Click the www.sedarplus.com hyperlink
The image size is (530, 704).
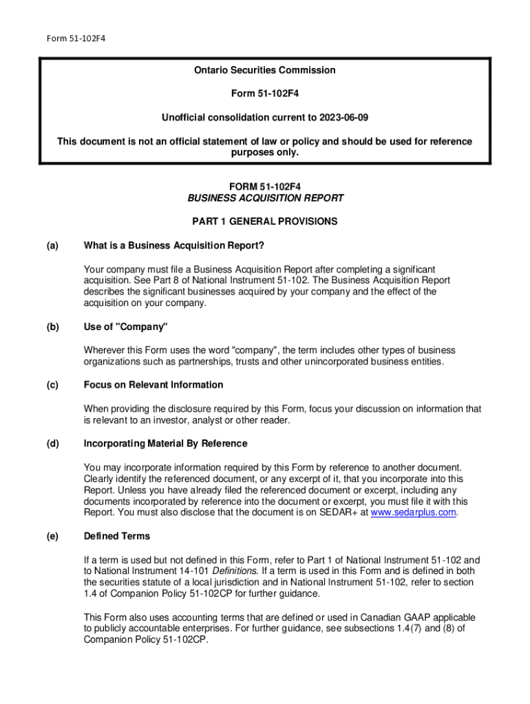click(x=413, y=512)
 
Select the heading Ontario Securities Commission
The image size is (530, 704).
click(x=264, y=70)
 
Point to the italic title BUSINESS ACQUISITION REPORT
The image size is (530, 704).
click(x=265, y=198)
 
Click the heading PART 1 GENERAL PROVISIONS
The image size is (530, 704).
click(x=265, y=221)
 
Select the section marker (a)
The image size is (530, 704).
click(x=52, y=245)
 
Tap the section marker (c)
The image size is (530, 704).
click(x=52, y=384)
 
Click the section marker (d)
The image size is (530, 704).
click(x=52, y=443)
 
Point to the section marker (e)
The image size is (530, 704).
click(x=52, y=536)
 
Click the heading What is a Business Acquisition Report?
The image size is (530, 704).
click(x=173, y=245)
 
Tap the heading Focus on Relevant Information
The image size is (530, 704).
click(x=153, y=384)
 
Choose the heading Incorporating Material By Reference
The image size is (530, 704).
click(x=165, y=443)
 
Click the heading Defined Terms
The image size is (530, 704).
click(x=116, y=536)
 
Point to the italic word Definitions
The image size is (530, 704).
click(x=234, y=571)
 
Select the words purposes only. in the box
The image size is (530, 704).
click(x=265, y=153)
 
